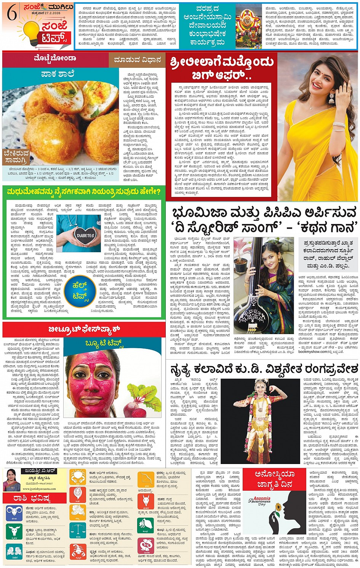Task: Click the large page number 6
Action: point(12,14)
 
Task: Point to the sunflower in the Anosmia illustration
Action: point(278,507)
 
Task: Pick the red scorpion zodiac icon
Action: point(77,552)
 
